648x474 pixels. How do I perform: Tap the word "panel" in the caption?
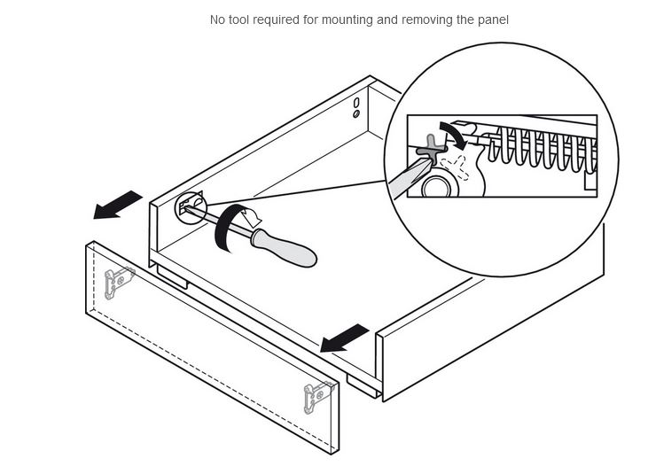pyautogui.click(x=492, y=19)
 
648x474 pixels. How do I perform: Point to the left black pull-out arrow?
pyautogui.click(x=118, y=204)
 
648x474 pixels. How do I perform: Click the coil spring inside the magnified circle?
pyautogui.click(x=541, y=151)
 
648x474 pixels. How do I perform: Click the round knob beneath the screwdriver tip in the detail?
pyautogui.click(x=435, y=186)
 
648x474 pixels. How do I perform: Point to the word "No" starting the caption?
pyautogui.click(x=218, y=19)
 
